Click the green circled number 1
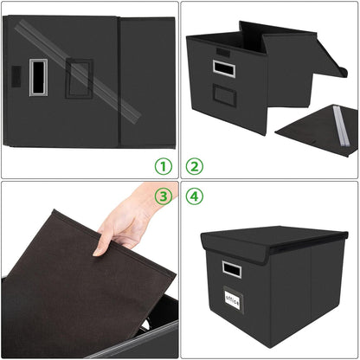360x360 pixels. coord(163,165)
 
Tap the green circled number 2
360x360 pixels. coord(195,165)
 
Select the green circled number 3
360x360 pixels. coord(163,196)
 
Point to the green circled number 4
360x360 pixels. coord(195,196)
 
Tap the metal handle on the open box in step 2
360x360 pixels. coord(224,67)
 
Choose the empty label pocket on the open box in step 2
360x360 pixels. coord(224,95)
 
